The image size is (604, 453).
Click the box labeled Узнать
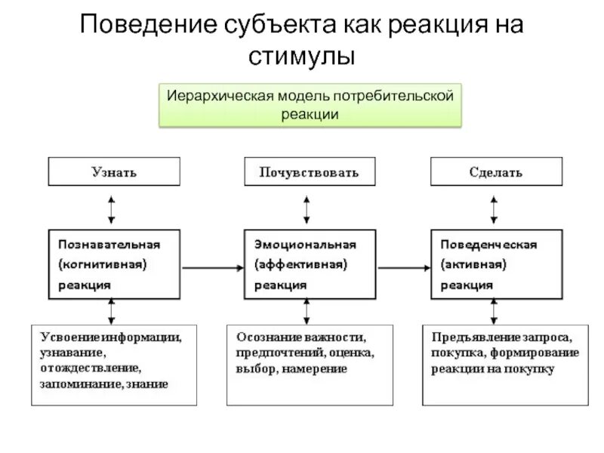tap(114, 172)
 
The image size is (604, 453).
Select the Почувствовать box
tap(309, 172)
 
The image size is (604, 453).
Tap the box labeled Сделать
tap(497, 172)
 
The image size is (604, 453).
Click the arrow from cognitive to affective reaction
tap(214, 267)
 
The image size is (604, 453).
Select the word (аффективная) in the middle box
tap(300, 265)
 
